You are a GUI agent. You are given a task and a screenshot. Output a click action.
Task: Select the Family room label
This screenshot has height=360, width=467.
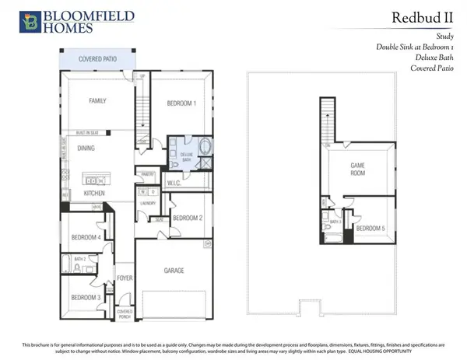click(97, 101)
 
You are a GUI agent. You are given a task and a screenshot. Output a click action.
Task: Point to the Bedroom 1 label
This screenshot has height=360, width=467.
click(181, 103)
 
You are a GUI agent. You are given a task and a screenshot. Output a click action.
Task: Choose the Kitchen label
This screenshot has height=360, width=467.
click(95, 193)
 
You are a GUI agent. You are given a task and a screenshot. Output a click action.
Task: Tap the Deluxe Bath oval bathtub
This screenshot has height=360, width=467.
click(205, 146)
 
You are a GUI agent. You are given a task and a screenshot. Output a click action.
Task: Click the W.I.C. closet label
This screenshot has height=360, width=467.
click(174, 184)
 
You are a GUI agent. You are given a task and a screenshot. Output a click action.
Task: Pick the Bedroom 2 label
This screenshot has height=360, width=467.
click(188, 218)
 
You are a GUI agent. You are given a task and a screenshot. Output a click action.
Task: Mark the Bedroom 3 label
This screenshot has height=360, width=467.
click(86, 298)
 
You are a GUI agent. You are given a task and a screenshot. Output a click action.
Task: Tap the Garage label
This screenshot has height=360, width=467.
click(173, 271)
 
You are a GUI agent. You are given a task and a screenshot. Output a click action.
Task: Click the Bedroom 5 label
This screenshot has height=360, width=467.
click(370, 229)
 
